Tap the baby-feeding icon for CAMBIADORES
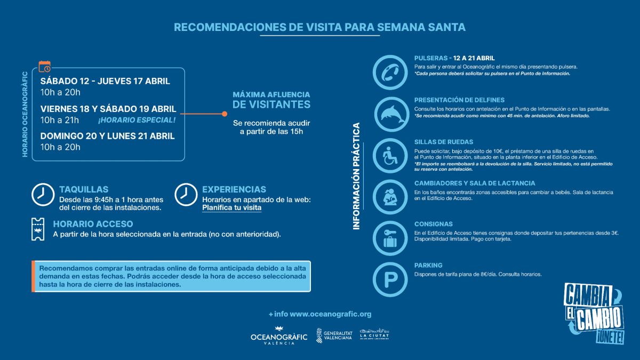click(x=393, y=196)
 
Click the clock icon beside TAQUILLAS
click(x=43, y=194)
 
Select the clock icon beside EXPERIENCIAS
click(x=186, y=194)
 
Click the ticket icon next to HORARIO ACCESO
click(x=38, y=229)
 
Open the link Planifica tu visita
click(x=231, y=207)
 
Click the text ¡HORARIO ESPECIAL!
click(x=136, y=119)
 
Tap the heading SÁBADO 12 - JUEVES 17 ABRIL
click(x=105, y=81)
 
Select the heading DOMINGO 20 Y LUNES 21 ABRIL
click(x=107, y=135)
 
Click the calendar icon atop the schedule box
click(x=45, y=66)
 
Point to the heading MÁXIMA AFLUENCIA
click(x=271, y=94)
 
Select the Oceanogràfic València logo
click(x=279, y=337)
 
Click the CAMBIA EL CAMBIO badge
click(x=594, y=314)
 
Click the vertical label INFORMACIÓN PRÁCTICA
click(x=357, y=177)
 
